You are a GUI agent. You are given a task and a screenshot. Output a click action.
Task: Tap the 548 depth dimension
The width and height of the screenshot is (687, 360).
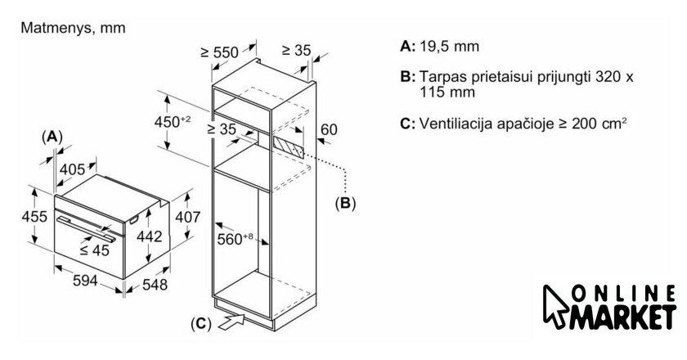tap(156, 285)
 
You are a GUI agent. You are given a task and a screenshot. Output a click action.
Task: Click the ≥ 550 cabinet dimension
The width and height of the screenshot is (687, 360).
tap(218, 52)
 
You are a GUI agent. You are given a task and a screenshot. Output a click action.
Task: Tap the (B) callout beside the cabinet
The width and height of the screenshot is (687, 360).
tap(345, 202)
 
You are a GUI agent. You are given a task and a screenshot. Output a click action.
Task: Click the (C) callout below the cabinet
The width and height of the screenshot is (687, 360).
tap(200, 323)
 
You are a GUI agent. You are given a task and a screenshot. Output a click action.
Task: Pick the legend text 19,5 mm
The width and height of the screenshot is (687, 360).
tap(449, 47)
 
